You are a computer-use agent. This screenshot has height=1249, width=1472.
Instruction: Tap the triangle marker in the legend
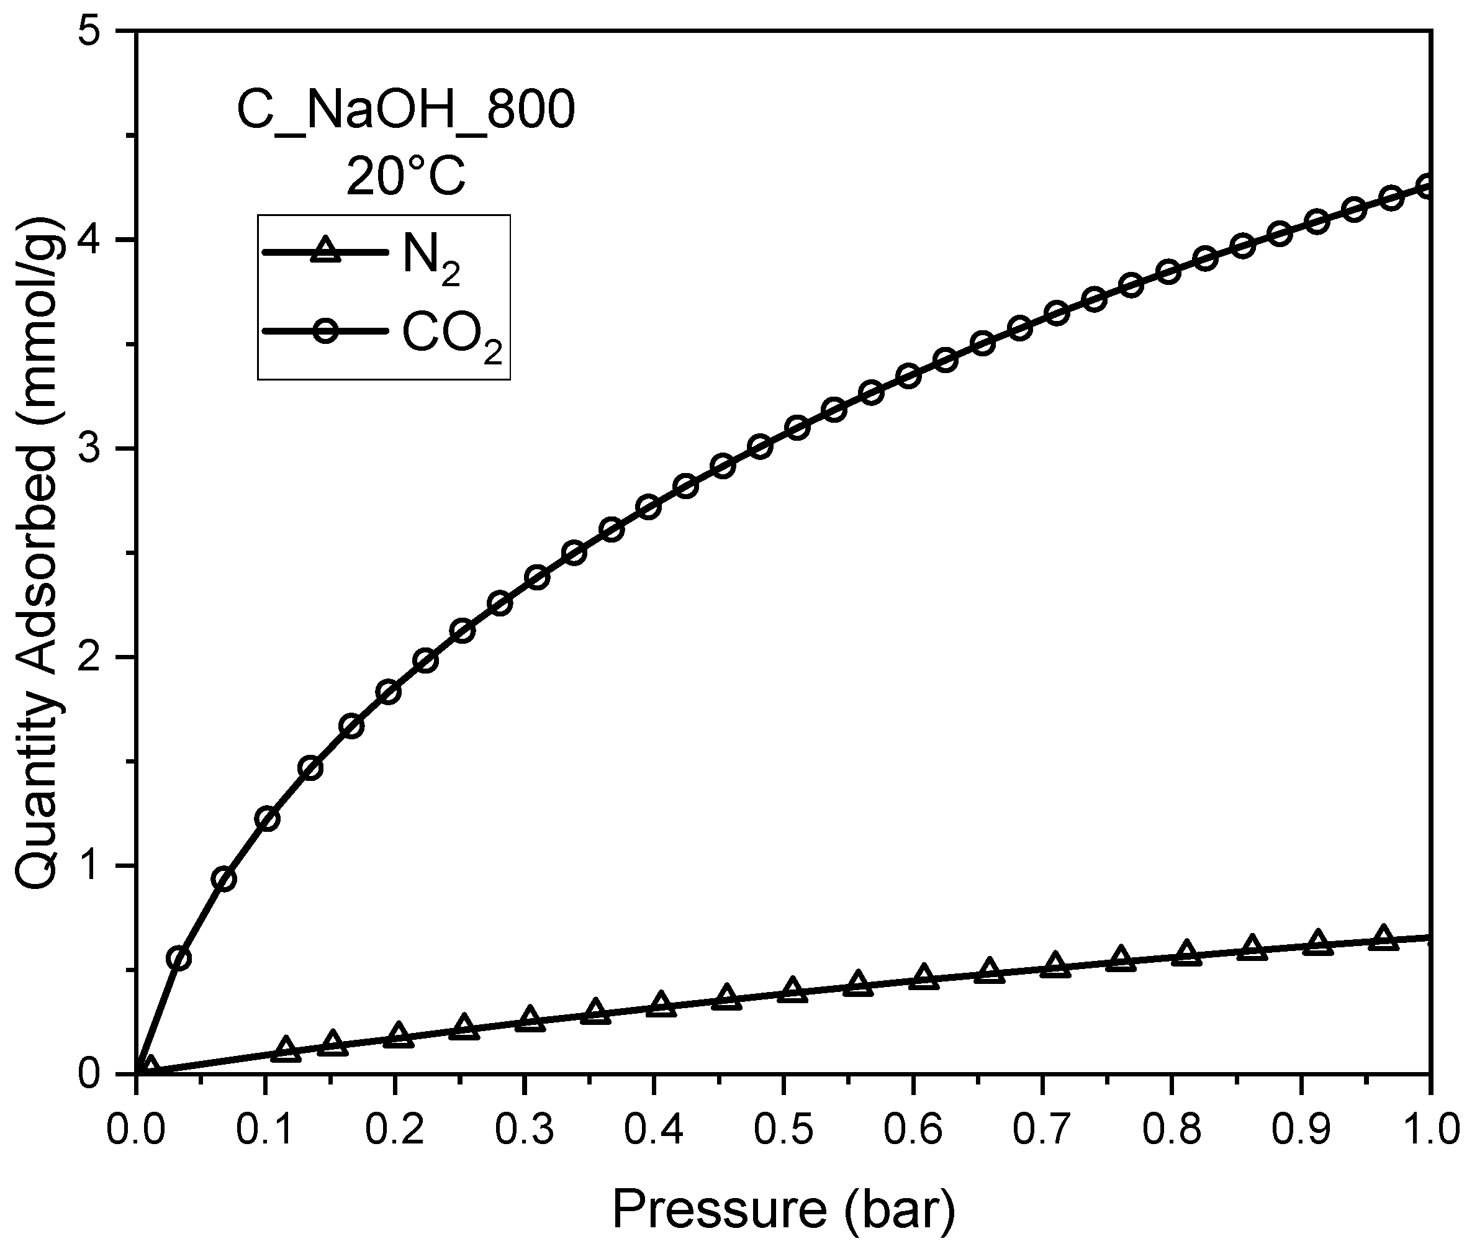pyautogui.click(x=324, y=251)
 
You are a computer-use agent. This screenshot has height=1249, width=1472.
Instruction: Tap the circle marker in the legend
pyautogui.click(x=324, y=331)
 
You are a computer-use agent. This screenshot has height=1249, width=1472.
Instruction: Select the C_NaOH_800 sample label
pyautogui.click(x=405, y=112)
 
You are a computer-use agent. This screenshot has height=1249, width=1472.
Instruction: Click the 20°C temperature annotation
pyautogui.click(x=405, y=176)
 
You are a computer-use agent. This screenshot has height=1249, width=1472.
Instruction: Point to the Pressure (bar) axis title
pyautogui.click(x=783, y=1209)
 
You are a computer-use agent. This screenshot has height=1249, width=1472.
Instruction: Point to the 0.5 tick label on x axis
pyautogui.click(x=783, y=1129)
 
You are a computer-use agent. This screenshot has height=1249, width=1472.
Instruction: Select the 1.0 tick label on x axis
pyautogui.click(x=1430, y=1129)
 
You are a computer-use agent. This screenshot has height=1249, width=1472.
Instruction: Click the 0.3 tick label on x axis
pyautogui.click(x=524, y=1129)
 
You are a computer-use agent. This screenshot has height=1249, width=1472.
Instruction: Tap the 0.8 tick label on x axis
pyautogui.click(x=1171, y=1129)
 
